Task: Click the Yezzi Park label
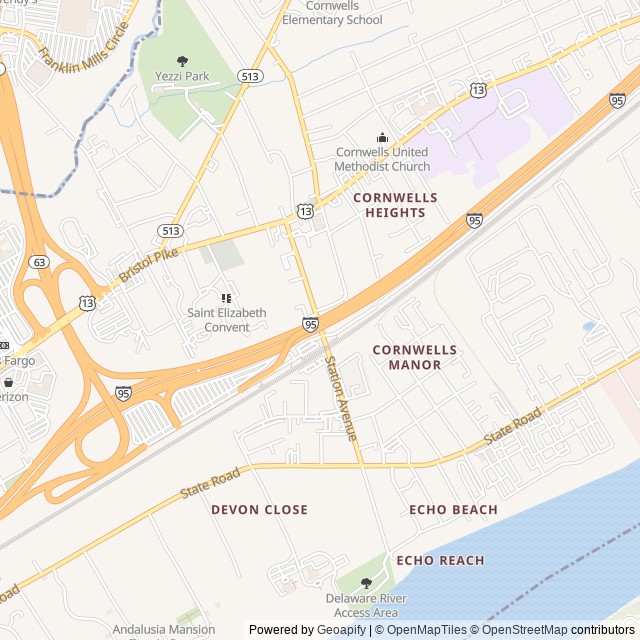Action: (x=181, y=76)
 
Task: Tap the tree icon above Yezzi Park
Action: (x=181, y=60)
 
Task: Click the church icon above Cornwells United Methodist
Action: (x=381, y=138)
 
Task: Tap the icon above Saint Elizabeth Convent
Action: (x=226, y=298)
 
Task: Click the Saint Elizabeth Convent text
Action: (x=227, y=320)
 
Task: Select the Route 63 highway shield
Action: (x=39, y=262)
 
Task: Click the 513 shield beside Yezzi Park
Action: (x=250, y=75)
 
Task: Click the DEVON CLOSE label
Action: (x=259, y=510)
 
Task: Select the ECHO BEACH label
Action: (x=453, y=510)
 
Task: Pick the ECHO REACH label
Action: (x=440, y=561)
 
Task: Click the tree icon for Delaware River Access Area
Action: (x=365, y=582)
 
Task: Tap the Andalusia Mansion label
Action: (x=163, y=630)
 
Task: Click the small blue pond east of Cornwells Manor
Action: (x=589, y=326)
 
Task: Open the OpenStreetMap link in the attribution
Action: (x=520, y=630)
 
